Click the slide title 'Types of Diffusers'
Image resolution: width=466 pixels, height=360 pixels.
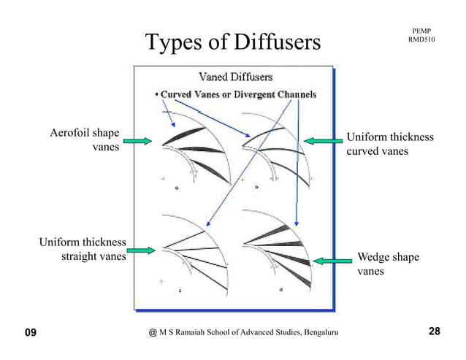point(233,42)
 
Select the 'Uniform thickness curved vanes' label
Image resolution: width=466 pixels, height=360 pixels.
point(389,144)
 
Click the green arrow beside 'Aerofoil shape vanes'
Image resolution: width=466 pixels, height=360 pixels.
point(137,141)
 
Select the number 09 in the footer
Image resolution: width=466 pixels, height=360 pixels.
point(30,333)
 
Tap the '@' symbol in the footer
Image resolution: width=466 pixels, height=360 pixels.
point(152,334)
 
